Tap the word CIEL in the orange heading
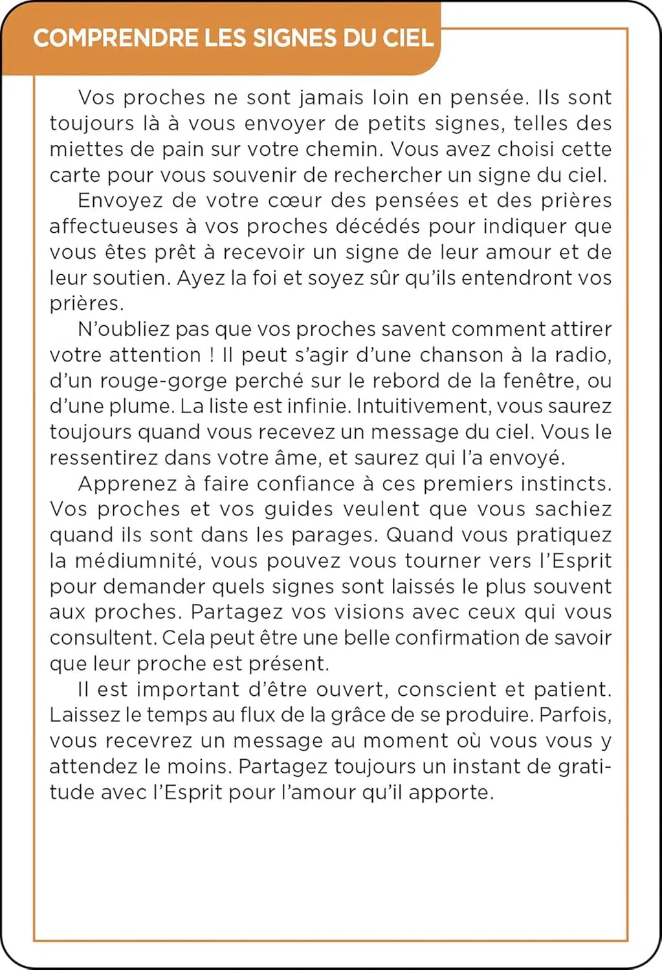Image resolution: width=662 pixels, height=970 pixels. click(408, 38)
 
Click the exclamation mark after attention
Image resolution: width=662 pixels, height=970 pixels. click(212, 355)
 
